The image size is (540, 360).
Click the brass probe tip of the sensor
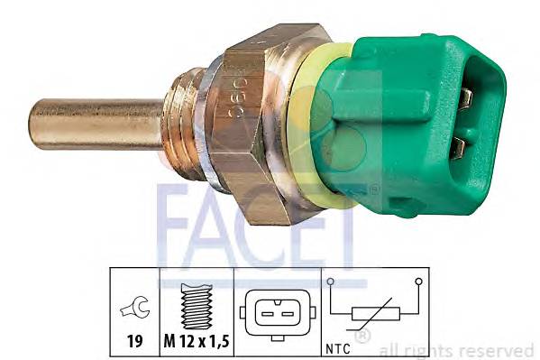point(90,125)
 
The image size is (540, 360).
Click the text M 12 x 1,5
point(196,343)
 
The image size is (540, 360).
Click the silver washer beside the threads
point(206,126)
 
